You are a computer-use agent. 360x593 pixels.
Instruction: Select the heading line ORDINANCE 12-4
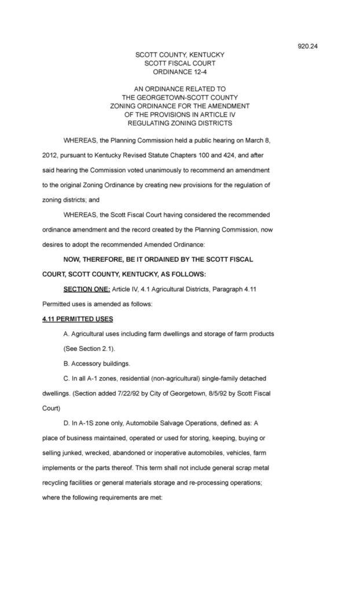point(179,72)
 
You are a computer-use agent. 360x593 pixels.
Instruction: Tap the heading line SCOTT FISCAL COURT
point(179,64)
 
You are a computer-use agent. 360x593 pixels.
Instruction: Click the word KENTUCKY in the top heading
point(204,55)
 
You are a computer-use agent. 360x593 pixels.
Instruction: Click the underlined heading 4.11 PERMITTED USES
point(78,320)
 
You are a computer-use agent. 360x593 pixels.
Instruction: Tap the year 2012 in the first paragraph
point(52,155)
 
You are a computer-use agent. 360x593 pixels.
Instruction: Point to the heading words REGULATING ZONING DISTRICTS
point(179,123)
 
